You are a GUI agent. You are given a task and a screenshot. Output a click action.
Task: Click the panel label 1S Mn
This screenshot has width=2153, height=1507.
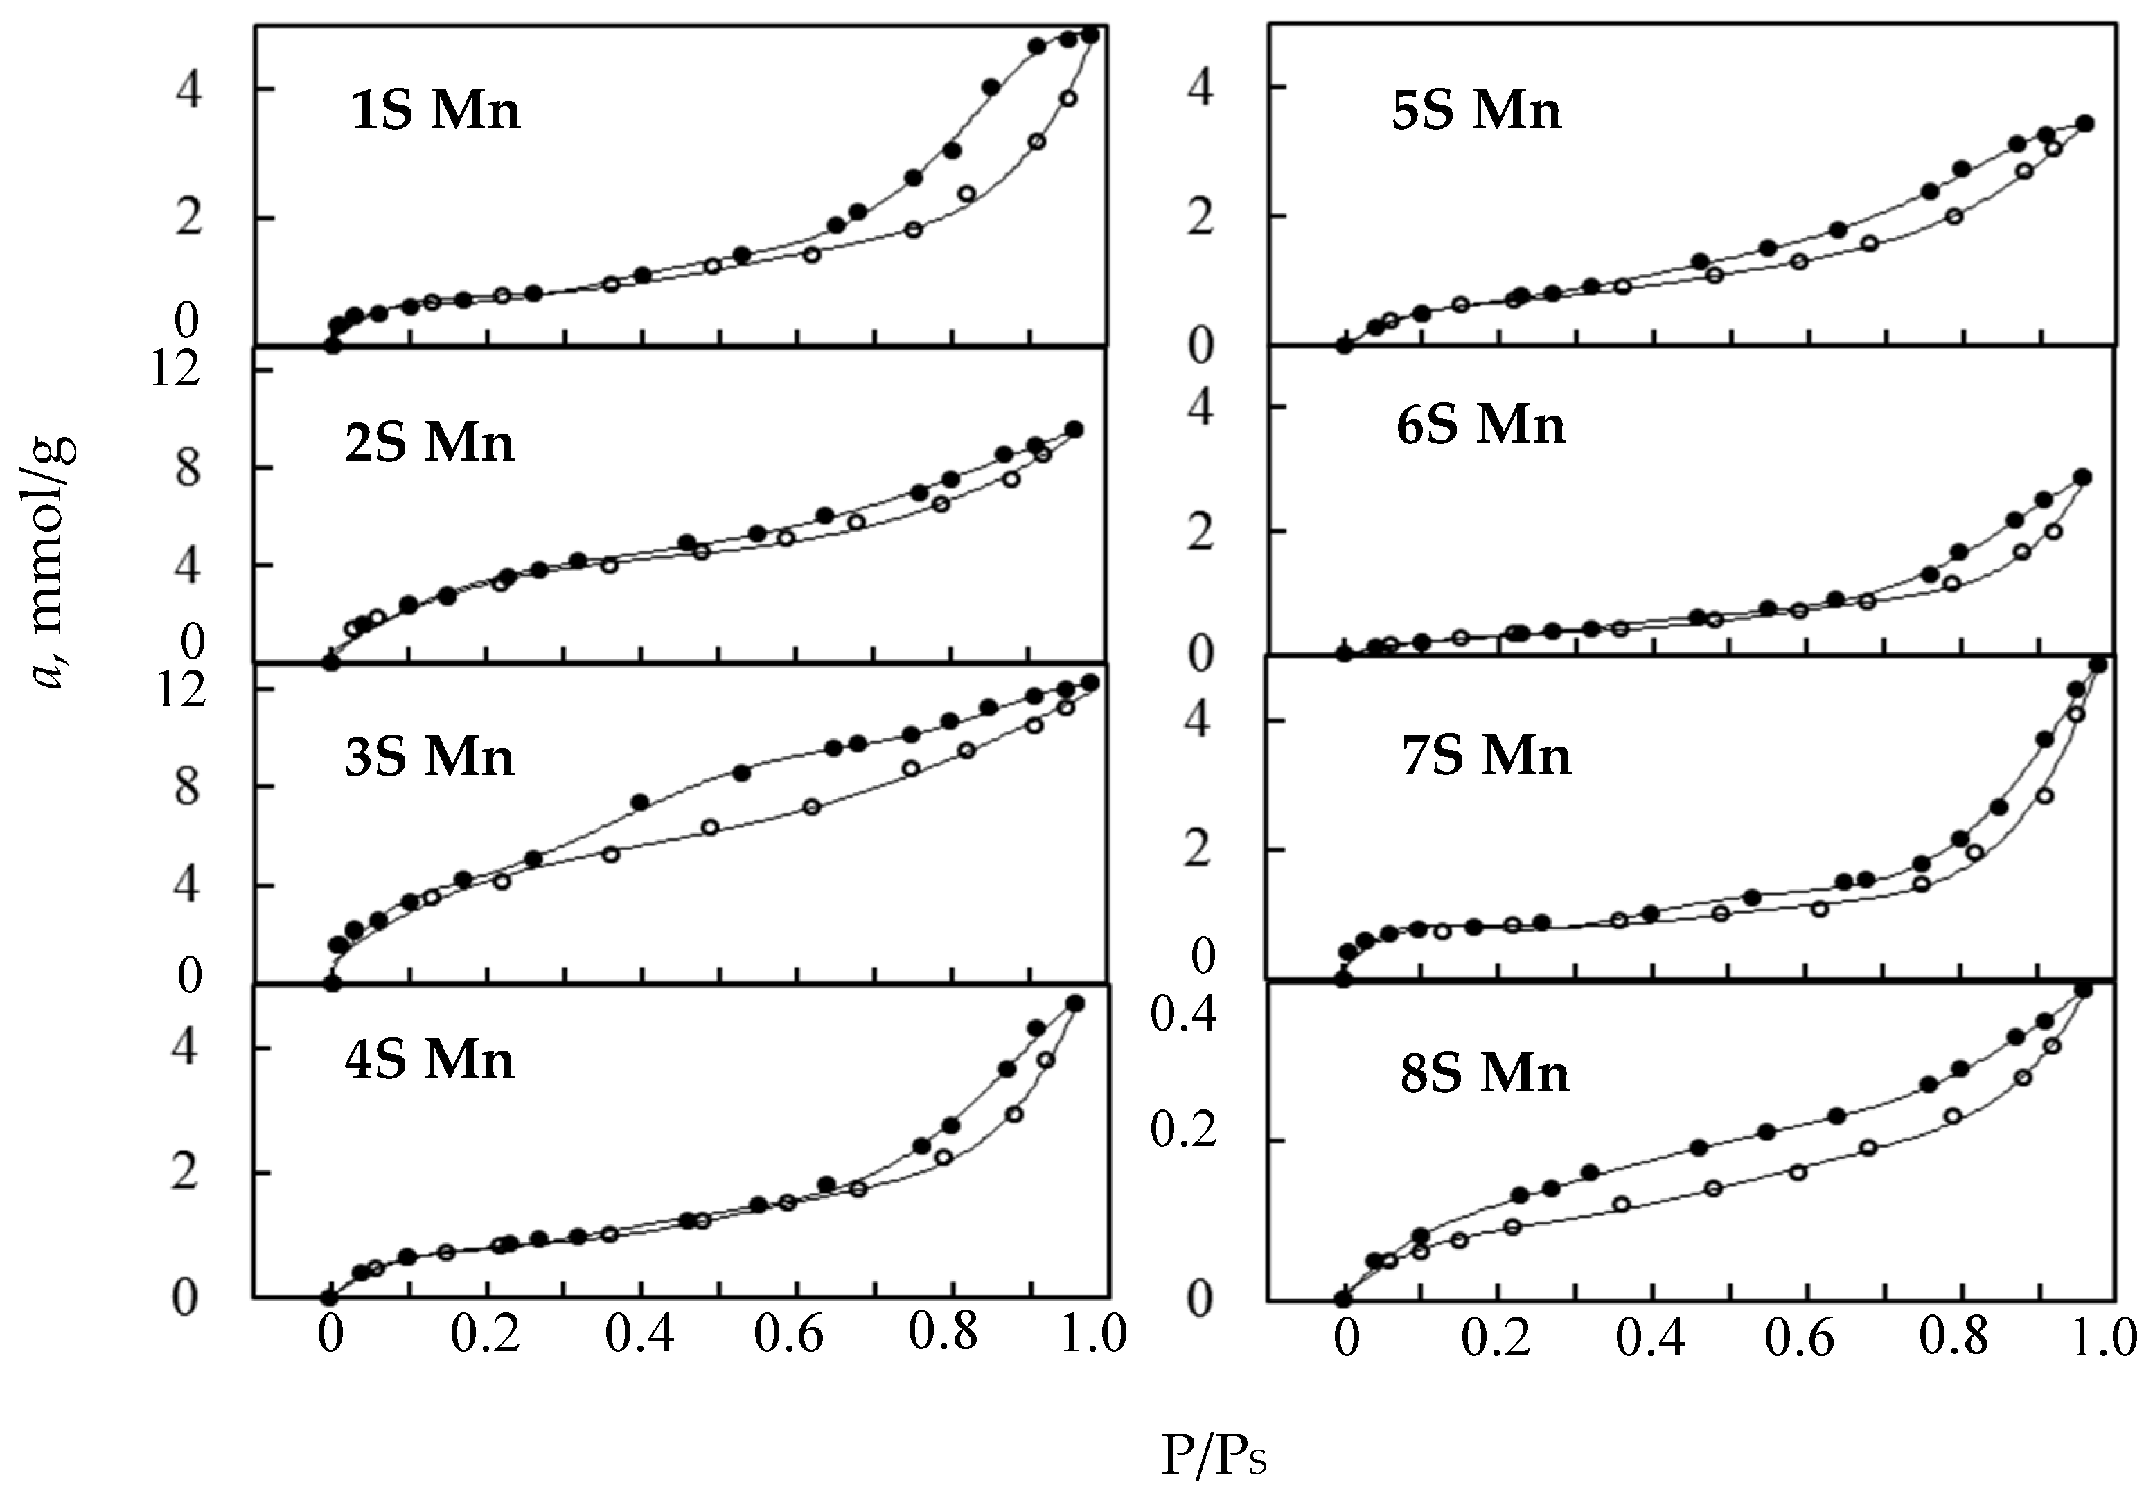[434, 112]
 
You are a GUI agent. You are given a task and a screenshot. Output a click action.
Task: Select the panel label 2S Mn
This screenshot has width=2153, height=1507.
[429, 442]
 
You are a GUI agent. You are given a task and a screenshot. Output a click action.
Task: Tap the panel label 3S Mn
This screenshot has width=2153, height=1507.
[429, 757]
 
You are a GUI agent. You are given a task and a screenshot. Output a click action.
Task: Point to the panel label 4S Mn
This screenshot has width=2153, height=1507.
[429, 1060]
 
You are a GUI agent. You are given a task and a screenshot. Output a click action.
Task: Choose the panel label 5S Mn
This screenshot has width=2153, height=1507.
[1477, 111]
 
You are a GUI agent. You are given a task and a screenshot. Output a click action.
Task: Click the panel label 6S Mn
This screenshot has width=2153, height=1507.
[1480, 425]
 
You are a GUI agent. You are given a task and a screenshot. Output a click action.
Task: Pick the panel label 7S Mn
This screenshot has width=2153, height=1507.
[1487, 755]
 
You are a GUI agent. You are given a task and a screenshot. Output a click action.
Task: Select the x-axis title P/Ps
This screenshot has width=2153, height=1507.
[1214, 1457]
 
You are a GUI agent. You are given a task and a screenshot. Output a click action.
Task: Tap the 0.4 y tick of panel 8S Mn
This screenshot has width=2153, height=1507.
[1183, 1015]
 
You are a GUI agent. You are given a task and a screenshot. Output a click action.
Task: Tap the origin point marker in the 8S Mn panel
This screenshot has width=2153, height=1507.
[1343, 1299]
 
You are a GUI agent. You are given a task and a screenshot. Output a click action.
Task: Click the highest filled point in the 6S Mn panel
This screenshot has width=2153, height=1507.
[2082, 477]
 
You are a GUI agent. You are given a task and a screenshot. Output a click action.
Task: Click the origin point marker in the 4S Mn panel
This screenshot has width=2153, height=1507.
[329, 1298]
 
